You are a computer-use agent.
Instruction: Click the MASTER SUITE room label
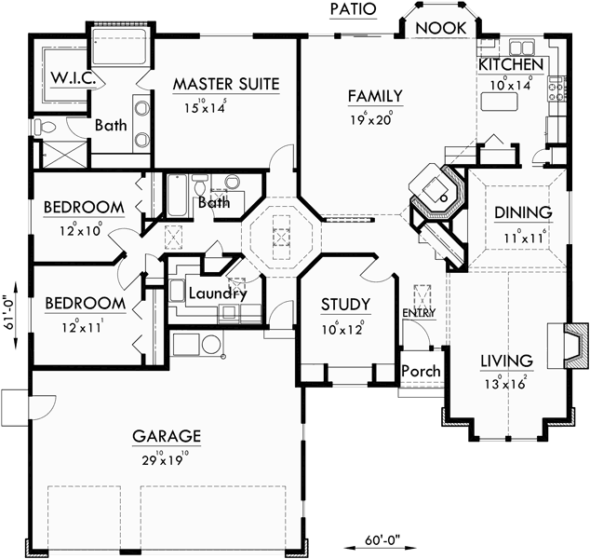tap(226, 84)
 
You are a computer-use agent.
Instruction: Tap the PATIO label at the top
tap(353, 8)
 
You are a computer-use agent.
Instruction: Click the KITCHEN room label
tap(511, 64)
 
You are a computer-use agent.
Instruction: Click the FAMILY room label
tap(375, 95)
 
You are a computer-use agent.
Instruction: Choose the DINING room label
tap(516, 212)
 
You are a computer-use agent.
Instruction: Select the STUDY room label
tap(345, 305)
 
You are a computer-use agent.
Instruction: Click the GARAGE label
tap(167, 435)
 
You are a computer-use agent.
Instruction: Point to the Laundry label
tap(217, 294)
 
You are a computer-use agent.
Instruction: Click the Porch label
tap(420, 371)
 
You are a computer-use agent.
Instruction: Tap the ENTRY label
tap(413, 313)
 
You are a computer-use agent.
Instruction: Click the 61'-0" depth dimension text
tap(9, 311)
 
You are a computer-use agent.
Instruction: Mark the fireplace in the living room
tap(575, 343)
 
